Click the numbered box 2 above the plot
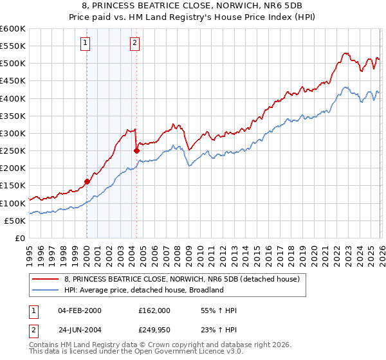134,44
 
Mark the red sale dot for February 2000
87,181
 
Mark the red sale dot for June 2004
136,150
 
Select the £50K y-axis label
14,221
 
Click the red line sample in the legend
46,279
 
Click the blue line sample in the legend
46,290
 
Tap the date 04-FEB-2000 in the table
79,310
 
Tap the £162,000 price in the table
154,310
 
